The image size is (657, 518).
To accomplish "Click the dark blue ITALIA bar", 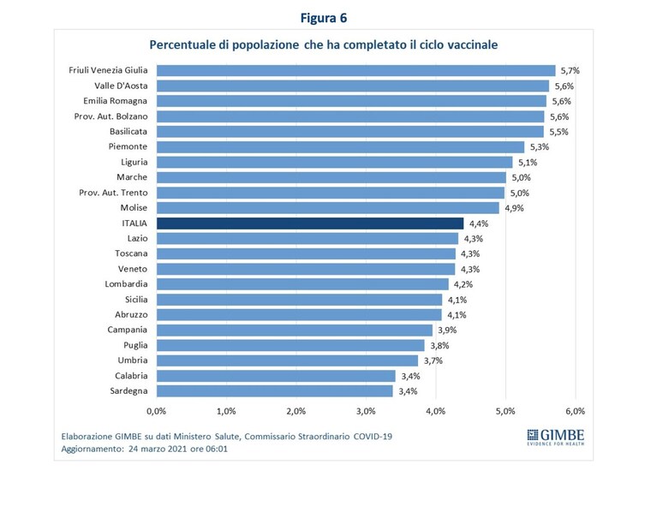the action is pyautogui.click(x=310, y=223).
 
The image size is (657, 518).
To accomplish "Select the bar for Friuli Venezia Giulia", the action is pyautogui.click(x=356, y=70).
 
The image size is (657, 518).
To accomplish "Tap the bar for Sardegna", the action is pyautogui.click(x=275, y=391).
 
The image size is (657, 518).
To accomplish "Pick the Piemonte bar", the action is pyautogui.click(x=341, y=147).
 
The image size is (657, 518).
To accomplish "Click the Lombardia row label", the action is pyautogui.click(x=126, y=284).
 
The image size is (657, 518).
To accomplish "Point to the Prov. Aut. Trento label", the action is pyautogui.click(x=113, y=193).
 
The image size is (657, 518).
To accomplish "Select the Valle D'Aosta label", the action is pyautogui.click(x=121, y=86).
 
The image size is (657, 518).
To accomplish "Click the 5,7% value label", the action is pyautogui.click(x=570, y=71).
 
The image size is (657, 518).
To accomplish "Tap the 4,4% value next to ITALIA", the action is pyautogui.click(x=479, y=223).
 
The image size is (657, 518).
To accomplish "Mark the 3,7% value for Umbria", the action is pyautogui.click(x=433, y=360).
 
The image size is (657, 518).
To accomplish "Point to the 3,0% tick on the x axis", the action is pyautogui.click(x=366, y=411).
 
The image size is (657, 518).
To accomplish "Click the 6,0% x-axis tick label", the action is pyautogui.click(x=576, y=411).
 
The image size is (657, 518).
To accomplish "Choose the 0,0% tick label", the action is pyautogui.click(x=156, y=411).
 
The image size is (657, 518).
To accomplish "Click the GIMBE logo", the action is pyautogui.click(x=556, y=438).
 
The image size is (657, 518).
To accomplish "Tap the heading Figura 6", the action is pyautogui.click(x=324, y=18).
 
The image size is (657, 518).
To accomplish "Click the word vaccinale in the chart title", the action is pyautogui.click(x=473, y=45).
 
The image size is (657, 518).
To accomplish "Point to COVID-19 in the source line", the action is pyautogui.click(x=373, y=437).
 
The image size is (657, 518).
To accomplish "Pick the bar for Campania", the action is pyautogui.click(x=295, y=330).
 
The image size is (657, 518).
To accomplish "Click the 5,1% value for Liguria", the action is pyautogui.click(x=528, y=163).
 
